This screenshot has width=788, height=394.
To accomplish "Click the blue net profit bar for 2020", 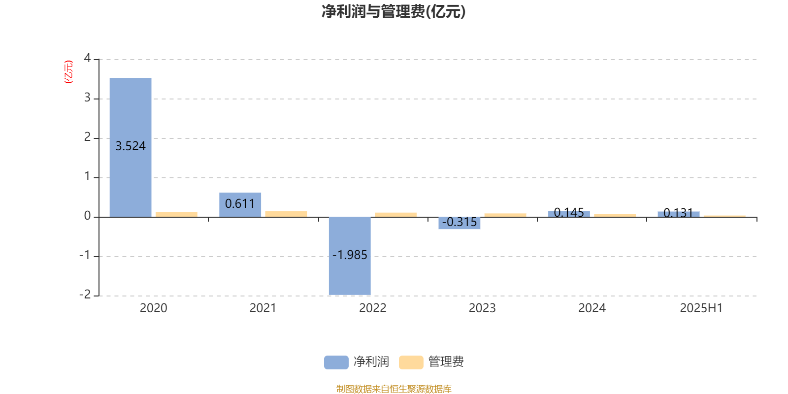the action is point(131,147).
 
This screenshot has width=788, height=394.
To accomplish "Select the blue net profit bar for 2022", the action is point(350,256).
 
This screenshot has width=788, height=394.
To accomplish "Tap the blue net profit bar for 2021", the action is point(240,205).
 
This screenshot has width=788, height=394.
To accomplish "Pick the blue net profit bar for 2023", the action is point(460,223).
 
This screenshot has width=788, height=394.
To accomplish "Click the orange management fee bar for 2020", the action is point(177,215).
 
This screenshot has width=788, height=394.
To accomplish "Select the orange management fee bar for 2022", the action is point(396,215).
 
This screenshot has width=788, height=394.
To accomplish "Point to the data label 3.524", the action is point(131,146).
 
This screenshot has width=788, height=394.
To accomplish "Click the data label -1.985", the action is point(350,255).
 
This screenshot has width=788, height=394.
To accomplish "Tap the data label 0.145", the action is point(569,212).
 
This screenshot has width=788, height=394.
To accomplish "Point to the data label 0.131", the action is point(678,213).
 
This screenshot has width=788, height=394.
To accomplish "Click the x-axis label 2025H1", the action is point(701,308).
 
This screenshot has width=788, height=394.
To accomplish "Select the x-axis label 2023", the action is point(482,308).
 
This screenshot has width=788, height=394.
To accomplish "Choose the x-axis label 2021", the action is point(263,308).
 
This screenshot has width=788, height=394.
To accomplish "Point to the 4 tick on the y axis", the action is point(87,58).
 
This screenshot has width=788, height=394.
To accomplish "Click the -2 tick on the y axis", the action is point(85,295).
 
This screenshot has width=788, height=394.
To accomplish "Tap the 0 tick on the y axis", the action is point(87,216).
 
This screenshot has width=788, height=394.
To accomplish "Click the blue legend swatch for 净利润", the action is point(336,362).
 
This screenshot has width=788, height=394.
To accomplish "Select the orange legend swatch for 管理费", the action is point(411,362).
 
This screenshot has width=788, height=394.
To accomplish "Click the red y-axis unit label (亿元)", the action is point(68,72).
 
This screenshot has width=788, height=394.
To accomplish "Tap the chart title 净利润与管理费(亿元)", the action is point(394,12).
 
